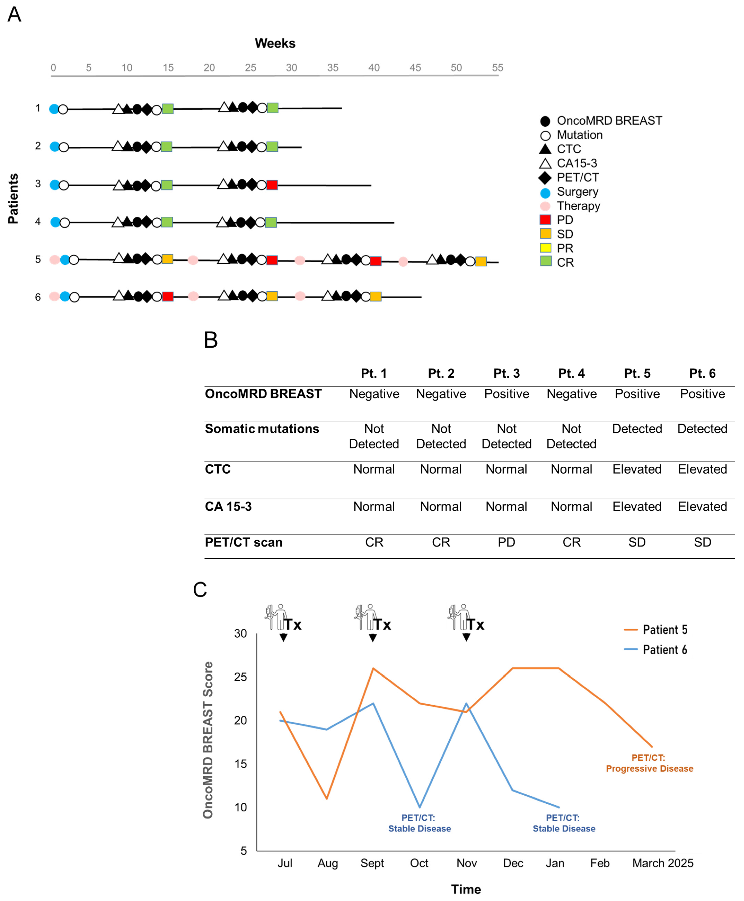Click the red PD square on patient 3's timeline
tap(272, 185)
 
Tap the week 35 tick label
tap(333, 68)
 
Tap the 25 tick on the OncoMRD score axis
tap(240, 677)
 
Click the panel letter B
tap(211, 340)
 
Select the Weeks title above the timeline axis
tap(275, 43)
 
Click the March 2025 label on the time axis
tap(663, 863)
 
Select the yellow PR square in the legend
tap(545, 248)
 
